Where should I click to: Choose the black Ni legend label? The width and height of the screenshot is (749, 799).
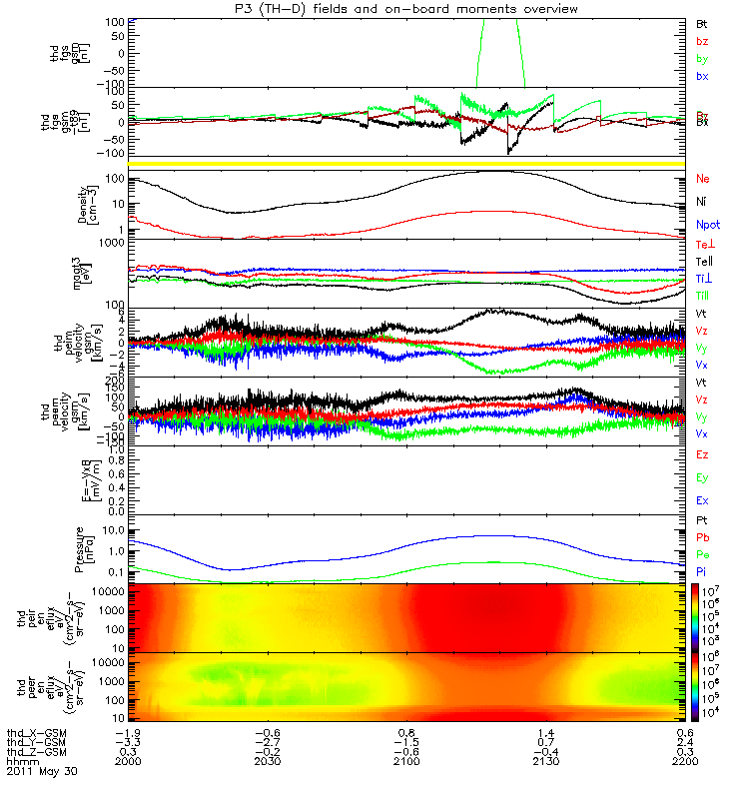click(701, 202)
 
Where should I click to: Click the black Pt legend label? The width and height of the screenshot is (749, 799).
click(701, 521)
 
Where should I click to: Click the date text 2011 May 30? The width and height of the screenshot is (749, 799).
click(41, 772)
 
